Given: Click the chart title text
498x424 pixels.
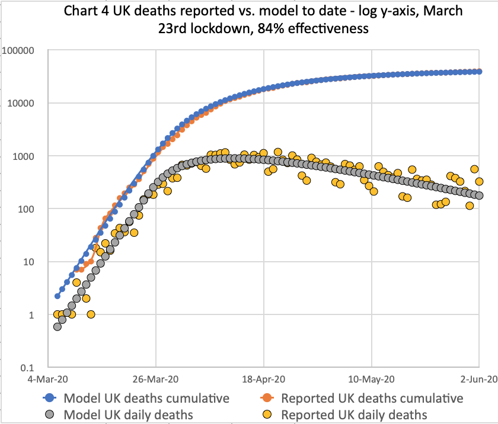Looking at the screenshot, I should [249, 20].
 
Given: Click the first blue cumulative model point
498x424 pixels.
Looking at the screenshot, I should [58, 296].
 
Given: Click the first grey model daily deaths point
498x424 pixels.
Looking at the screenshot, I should [58, 326].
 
